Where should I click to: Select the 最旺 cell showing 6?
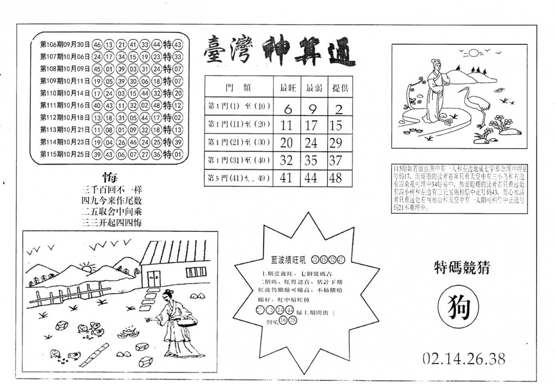(288, 109)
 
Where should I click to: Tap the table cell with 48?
(335, 178)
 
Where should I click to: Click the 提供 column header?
(339, 87)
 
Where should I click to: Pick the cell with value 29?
(335, 143)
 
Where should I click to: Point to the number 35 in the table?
(311, 160)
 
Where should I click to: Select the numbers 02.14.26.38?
(464, 358)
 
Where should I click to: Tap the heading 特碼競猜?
(461, 267)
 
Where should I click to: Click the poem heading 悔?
(110, 178)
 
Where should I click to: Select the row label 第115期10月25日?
(65, 154)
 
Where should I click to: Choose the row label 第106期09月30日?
(65, 44)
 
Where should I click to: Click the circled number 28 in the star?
(293, 321)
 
